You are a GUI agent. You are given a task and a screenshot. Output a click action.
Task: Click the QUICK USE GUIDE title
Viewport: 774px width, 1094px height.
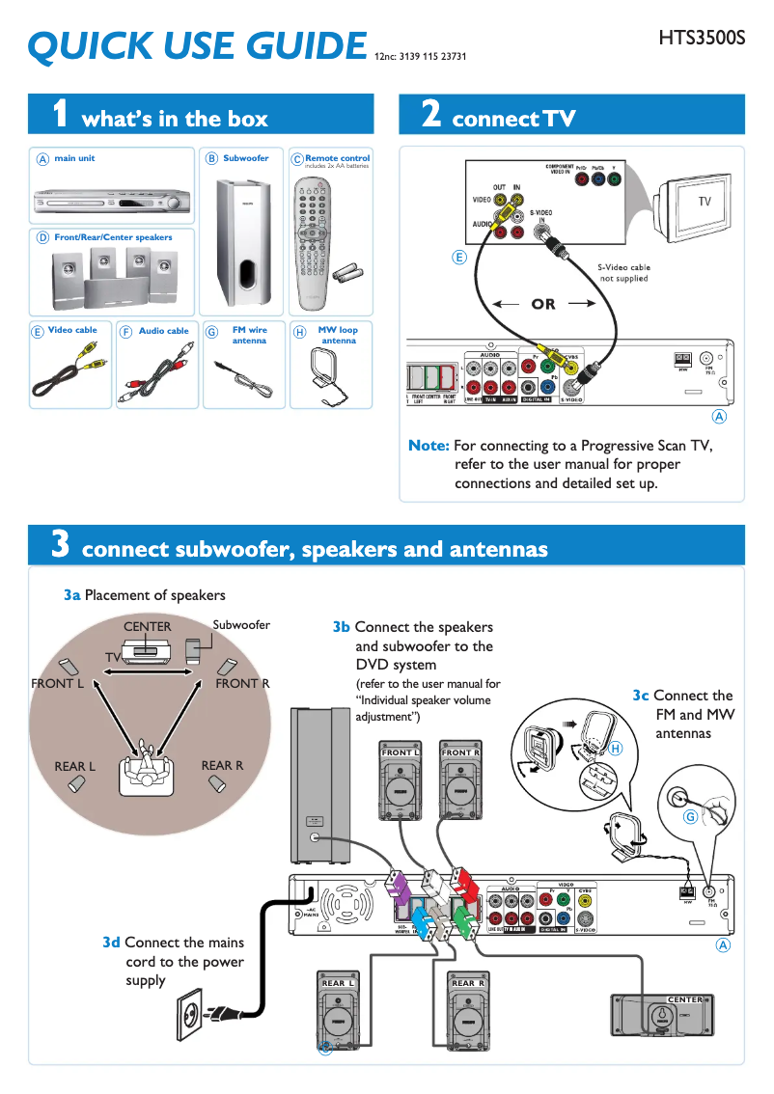tap(197, 46)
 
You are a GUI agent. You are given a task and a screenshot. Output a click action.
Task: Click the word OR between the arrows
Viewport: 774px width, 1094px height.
tap(543, 304)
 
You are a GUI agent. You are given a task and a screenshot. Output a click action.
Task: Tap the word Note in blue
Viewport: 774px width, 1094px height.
tap(428, 446)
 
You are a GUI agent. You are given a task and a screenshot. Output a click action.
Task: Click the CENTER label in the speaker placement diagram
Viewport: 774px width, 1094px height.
tap(147, 627)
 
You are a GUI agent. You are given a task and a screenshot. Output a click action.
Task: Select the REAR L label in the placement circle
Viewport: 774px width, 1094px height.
tap(74, 767)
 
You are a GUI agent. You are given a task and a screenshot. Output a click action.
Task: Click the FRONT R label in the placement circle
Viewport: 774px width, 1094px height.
tap(242, 684)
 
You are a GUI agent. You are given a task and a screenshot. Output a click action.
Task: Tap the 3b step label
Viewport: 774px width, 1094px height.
tap(341, 627)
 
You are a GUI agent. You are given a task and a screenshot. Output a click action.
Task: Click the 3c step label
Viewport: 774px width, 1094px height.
tap(641, 696)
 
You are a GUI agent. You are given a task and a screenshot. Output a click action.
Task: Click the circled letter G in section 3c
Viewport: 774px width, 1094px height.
tap(690, 817)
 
